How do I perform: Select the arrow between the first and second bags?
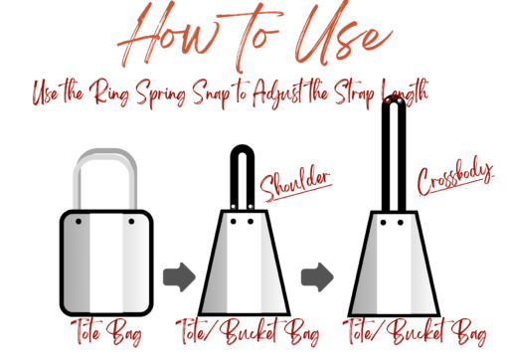click(x=179, y=277)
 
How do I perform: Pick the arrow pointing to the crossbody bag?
click(x=317, y=277)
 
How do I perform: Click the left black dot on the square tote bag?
click(x=79, y=221)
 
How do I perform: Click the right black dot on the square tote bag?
click(x=131, y=221)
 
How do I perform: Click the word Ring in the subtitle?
click(x=108, y=92)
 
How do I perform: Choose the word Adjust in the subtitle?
click(x=276, y=92)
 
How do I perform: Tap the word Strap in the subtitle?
click(x=355, y=93)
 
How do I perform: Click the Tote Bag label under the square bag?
click(x=106, y=332)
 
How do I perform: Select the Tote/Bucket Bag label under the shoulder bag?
click(x=248, y=332)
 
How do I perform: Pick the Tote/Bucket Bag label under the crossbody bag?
click(x=415, y=332)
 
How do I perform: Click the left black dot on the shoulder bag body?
click(x=234, y=221)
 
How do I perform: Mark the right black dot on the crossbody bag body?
click(x=401, y=223)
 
